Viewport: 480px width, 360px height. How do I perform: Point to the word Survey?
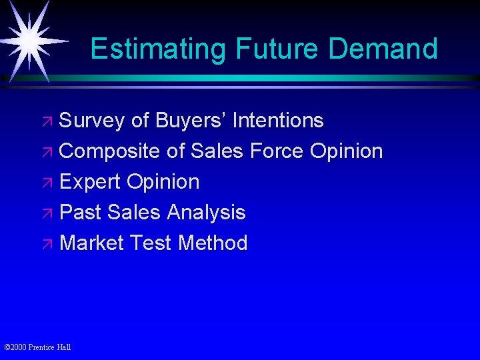(92, 121)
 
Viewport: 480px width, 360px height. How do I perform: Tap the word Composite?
(110, 151)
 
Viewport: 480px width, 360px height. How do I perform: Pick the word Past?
(81, 213)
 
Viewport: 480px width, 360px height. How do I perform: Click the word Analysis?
(206, 213)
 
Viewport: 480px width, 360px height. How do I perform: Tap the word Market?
(91, 243)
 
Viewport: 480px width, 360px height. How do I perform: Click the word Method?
(213, 243)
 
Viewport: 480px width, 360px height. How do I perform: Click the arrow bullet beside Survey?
(50, 122)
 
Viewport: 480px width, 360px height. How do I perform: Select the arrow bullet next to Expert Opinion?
(50, 183)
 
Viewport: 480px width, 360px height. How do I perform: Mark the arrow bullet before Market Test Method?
(50, 245)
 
